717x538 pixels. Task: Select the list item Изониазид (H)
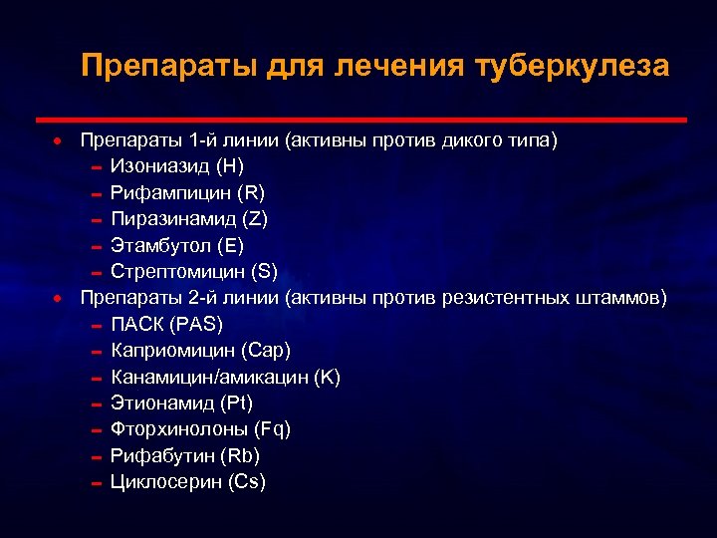coord(177,165)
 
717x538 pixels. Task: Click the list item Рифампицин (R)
coord(187,192)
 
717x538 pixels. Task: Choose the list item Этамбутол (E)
coord(177,245)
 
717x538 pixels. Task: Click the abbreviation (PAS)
coord(196,324)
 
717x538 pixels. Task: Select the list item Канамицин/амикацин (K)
coord(226,377)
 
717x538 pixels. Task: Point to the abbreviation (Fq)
coord(272,429)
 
